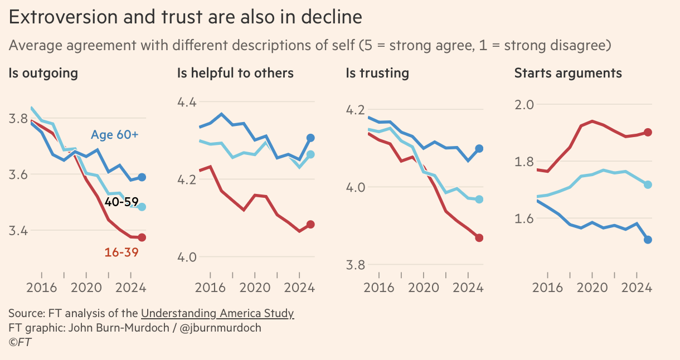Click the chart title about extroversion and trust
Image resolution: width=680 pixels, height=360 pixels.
185,17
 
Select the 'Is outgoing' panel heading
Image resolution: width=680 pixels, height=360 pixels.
43,73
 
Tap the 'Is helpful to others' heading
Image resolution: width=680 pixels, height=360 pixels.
235,73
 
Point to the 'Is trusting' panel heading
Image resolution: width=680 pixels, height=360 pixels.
377,73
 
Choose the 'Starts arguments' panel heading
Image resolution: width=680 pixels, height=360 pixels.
568,73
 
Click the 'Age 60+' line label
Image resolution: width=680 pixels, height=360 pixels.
114,135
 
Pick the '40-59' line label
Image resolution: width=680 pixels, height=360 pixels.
122,202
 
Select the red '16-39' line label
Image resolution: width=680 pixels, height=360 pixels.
121,252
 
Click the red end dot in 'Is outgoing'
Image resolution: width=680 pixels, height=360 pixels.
142,237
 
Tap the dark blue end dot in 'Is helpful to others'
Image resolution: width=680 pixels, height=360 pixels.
310,138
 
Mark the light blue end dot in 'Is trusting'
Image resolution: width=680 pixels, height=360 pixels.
479,199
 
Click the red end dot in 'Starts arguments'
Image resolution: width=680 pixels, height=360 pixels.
648,132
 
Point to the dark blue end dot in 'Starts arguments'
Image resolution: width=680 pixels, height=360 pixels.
648,240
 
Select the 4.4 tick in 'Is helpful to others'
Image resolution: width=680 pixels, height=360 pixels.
188,103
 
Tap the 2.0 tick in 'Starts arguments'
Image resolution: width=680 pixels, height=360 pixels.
525,105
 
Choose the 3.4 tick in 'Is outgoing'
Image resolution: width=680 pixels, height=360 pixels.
20,231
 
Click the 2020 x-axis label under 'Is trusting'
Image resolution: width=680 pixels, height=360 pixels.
424,288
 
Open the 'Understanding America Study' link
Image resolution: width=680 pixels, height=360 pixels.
217,313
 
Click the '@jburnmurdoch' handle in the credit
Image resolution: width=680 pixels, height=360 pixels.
221,328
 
